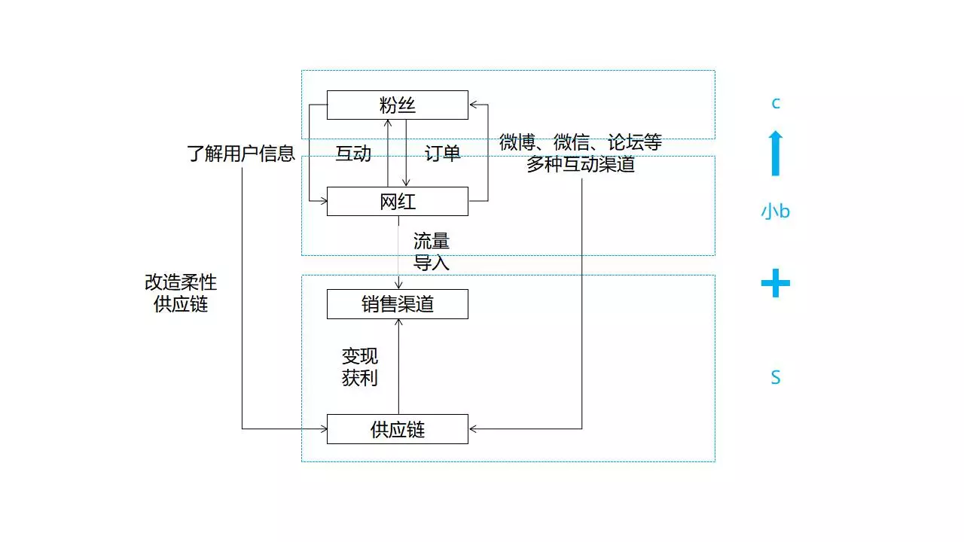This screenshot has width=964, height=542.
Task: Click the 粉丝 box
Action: [397, 105]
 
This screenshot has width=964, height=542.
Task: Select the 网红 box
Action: [397, 201]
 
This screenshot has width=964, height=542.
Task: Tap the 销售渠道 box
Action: [397, 304]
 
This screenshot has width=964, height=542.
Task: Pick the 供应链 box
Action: [397, 429]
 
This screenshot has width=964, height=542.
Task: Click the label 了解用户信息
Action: [240, 154]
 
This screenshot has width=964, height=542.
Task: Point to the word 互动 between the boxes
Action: [353, 154]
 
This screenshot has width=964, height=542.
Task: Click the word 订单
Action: [442, 154]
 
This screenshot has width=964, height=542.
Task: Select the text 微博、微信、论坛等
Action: [580, 142]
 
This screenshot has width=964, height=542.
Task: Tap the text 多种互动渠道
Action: [580, 164]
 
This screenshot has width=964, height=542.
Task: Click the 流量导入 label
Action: [431, 251]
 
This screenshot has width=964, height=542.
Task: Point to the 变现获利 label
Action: [359, 367]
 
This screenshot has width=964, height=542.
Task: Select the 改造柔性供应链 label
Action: [180, 293]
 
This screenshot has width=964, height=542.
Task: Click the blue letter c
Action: [776, 103]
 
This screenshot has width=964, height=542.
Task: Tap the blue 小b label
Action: [775, 212]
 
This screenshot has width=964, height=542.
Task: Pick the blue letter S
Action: [775, 378]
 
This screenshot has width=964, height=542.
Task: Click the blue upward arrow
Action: [776, 154]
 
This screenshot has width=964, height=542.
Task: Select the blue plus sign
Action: [775, 284]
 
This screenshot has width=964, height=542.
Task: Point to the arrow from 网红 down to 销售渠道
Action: [398, 252]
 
